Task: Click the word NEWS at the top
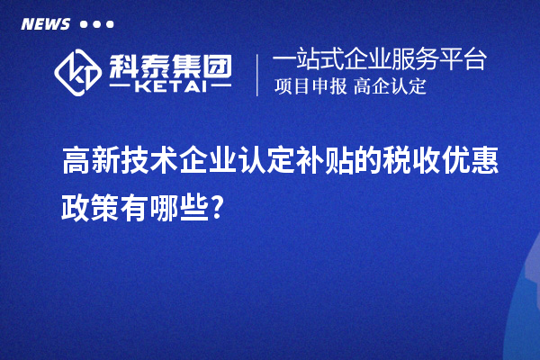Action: click(45, 23)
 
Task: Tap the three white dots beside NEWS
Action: click(97, 24)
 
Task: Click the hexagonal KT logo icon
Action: click(78, 71)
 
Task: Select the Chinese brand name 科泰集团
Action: click(171, 64)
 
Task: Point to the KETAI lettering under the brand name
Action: click(171, 86)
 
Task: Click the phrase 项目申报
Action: click(308, 87)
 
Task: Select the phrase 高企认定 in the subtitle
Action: click(390, 87)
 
